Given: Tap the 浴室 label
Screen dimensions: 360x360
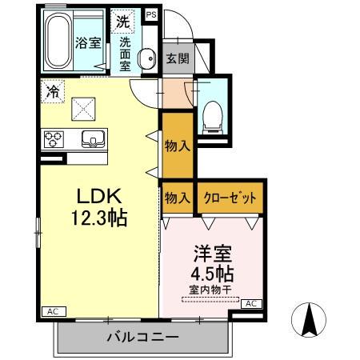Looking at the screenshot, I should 89,43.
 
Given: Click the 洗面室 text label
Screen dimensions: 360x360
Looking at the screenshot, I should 126,55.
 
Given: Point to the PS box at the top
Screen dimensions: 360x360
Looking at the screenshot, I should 152,14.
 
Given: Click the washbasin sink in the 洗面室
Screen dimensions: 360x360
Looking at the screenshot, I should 147,58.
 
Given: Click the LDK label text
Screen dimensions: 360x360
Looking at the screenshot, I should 98,196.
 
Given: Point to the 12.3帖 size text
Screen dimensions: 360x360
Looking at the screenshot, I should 98,217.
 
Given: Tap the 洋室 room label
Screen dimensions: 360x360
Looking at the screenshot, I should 212,255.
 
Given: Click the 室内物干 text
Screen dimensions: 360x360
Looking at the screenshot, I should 210,289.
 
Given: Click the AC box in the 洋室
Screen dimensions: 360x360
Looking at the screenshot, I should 250,304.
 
